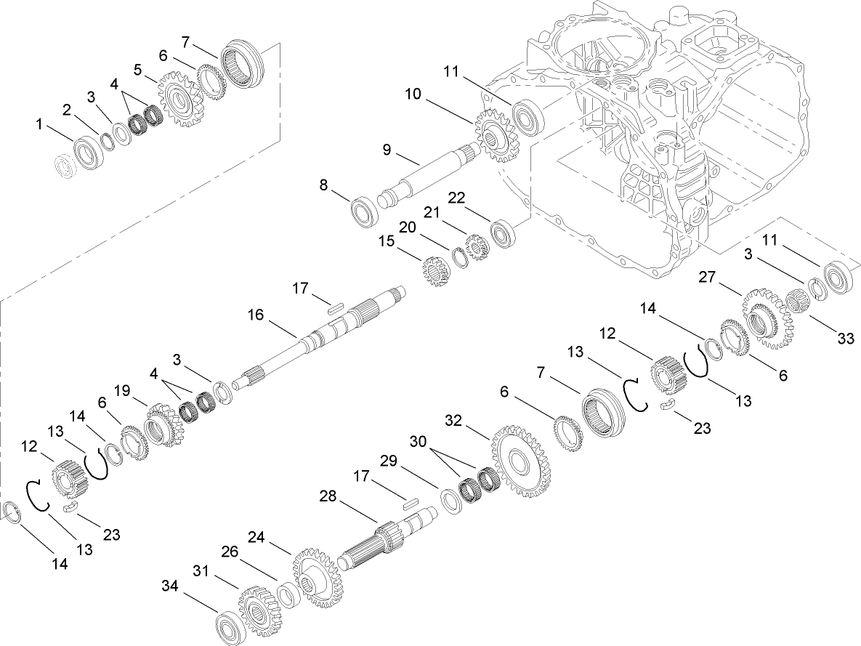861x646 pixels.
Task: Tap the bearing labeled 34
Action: pos(232,626)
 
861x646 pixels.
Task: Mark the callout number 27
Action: pos(708,277)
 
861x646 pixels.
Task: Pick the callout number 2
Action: pos(66,110)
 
